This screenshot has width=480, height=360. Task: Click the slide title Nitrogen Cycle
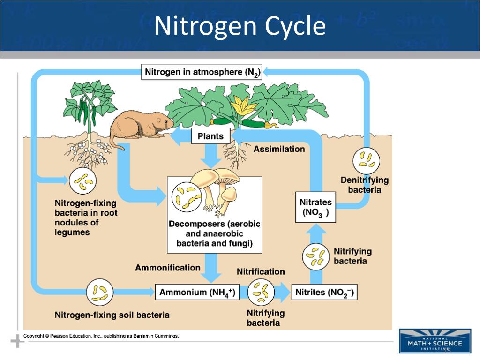pyautogui.click(x=240, y=26)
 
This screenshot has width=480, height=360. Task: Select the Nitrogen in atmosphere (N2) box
pyautogui.click(x=202, y=72)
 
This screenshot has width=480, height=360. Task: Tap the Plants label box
pyautogui.click(x=210, y=136)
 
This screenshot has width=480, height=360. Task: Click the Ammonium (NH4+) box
pyautogui.click(x=197, y=292)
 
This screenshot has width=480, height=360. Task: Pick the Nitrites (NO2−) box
pyautogui.click(x=324, y=292)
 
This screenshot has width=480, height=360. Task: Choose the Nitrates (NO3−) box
pyautogui.click(x=315, y=207)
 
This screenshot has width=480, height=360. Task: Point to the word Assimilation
pyautogui.click(x=279, y=149)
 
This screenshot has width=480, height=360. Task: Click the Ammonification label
pyautogui.click(x=167, y=268)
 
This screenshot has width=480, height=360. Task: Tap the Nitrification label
pyautogui.click(x=261, y=272)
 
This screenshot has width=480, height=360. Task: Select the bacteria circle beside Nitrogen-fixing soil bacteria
pyautogui.click(x=99, y=292)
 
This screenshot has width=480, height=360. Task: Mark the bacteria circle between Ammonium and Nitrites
pyautogui.click(x=261, y=292)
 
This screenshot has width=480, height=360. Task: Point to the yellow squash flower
pyautogui.click(x=244, y=106)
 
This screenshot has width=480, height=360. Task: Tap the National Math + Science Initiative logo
pyautogui.click(x=435, y=341)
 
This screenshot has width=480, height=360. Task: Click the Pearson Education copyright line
pyautogui.click(x=101, y=336)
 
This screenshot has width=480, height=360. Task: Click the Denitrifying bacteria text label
pyautogui.click(x=364, y=185)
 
